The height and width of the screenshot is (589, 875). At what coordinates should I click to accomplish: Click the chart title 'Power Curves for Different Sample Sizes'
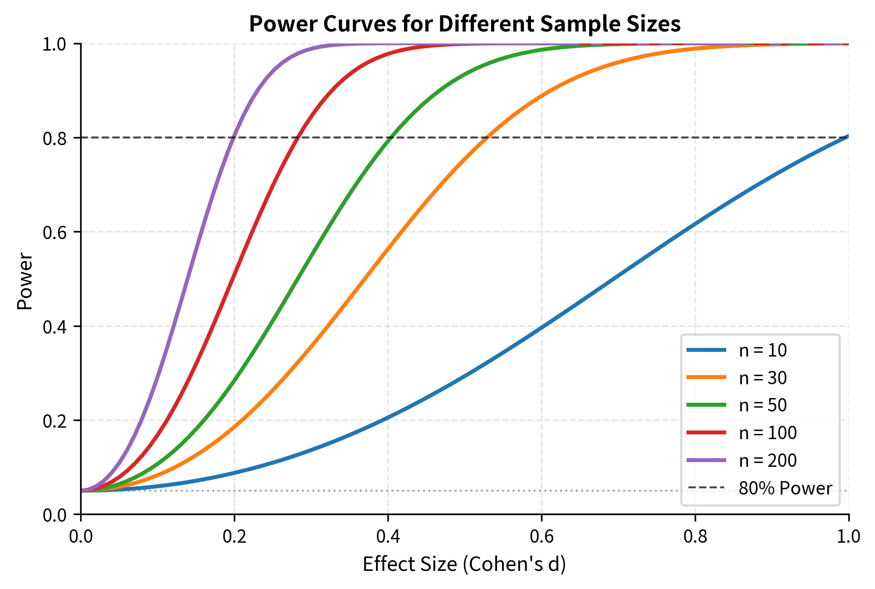[x=464, y=24]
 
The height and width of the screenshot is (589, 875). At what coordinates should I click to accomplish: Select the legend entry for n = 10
[x=762, y=350]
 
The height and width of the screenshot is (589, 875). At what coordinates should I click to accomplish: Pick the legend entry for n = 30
[x=762, y=378]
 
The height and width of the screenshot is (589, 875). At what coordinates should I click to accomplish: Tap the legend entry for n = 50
[x=762, y=405]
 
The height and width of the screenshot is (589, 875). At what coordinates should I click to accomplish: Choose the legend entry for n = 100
[x=767, y=433]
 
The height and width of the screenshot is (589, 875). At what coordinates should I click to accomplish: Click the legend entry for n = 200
[x=767, y=461]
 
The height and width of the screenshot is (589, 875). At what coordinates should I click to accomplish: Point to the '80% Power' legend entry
[x=785, y=488]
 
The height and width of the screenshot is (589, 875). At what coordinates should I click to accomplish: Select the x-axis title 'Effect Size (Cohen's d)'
[x=464, y=564]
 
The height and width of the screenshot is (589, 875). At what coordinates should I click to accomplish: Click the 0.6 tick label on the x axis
[x=542, y=536]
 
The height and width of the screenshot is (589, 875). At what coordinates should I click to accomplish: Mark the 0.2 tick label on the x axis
[x=234, y=536]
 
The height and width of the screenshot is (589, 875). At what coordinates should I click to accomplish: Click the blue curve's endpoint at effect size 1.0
[x=848, y=136]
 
